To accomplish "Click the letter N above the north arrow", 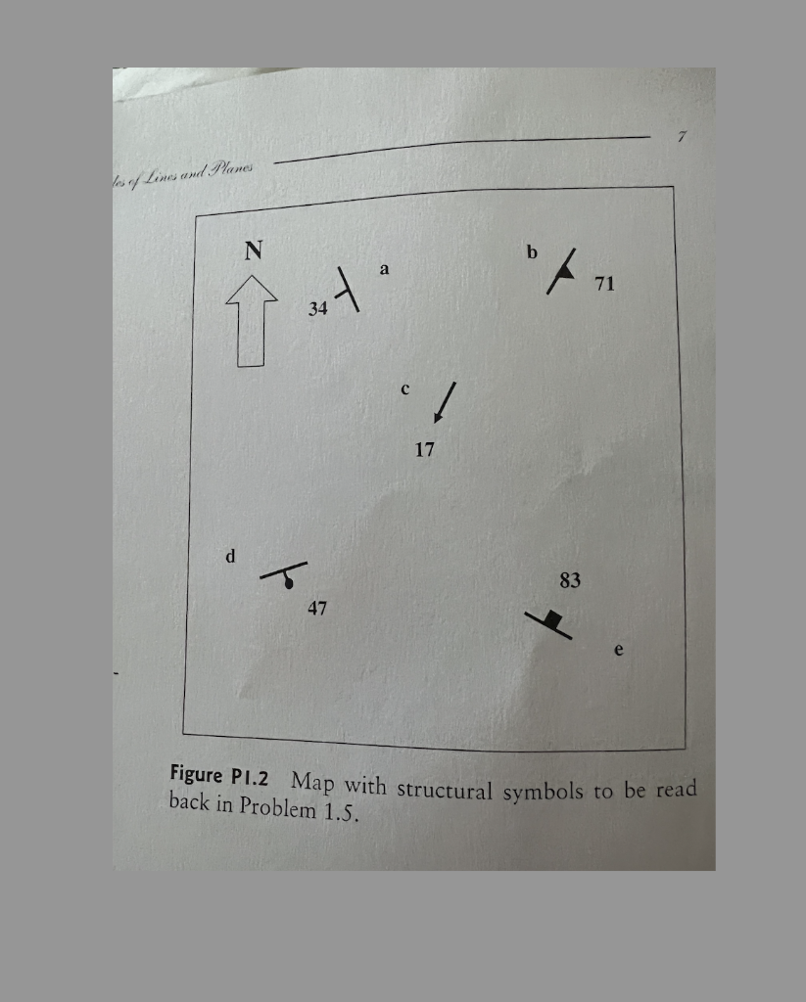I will (254, 251).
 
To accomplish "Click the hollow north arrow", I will (252, 321).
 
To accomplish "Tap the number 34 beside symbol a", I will (317, 309).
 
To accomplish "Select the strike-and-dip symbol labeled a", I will (347, 289).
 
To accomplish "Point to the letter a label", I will (384, 268).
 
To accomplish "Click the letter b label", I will (532, 252).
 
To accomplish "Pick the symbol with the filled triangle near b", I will (562, 271).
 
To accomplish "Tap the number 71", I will (604, 284).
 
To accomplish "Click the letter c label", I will (404, 389).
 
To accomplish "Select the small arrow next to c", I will (445, 402).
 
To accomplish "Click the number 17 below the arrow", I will (424, 450).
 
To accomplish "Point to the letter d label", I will (230, 557).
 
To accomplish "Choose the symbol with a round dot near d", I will (285, 574).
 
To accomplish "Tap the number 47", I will (317, 609).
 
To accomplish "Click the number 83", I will (570, 581).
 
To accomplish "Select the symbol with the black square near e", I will (550, 621).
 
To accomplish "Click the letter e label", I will (618, 649).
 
